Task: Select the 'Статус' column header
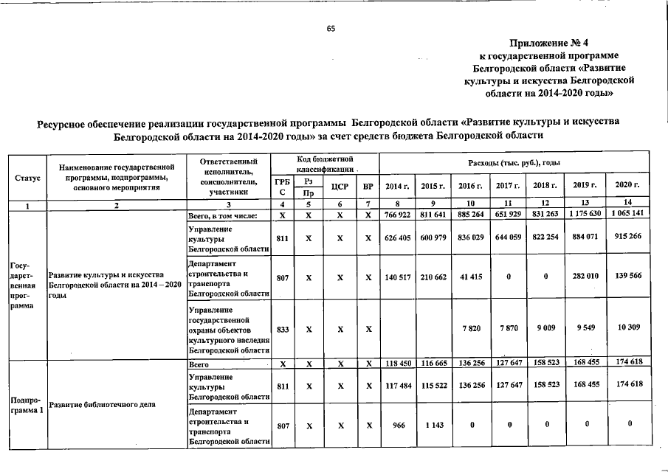pos(27,178)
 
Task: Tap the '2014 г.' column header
pos(396,185)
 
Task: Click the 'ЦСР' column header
pos(339,186)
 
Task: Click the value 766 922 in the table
pos(397,215)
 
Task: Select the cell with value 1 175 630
pos(585,215)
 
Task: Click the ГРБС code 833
pos(281,330)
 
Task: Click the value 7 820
pos(471,330)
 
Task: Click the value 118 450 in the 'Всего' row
pos(397,364)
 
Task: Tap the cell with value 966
pos(397,425)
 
